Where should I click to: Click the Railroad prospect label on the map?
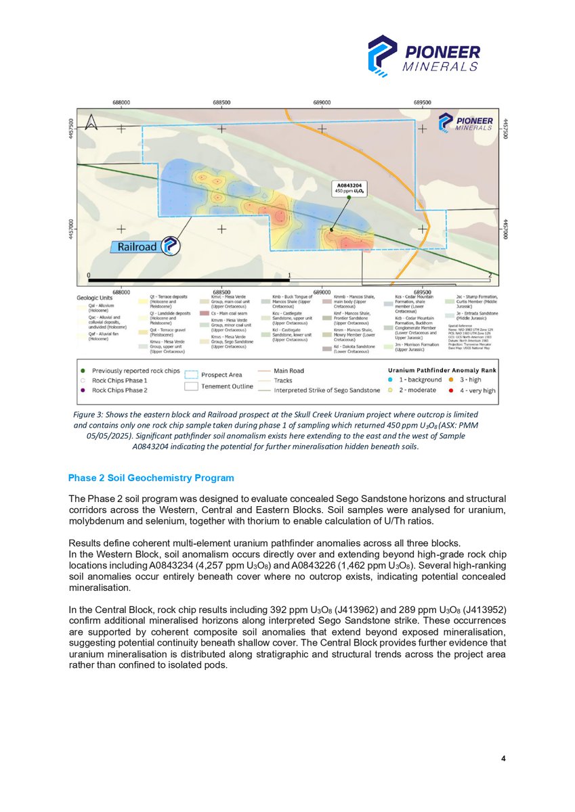point(140,247)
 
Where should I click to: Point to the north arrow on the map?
point(92,123)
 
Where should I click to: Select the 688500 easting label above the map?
point(222,101)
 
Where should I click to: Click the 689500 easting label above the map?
point(423,101)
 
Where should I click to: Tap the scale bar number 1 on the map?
point(289,275)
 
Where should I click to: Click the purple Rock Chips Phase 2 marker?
point(83,390)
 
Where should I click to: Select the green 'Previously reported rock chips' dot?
point(83,371)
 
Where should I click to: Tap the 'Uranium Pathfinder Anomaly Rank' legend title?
point(435,369)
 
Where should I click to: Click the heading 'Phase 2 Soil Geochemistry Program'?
point(151,478)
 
